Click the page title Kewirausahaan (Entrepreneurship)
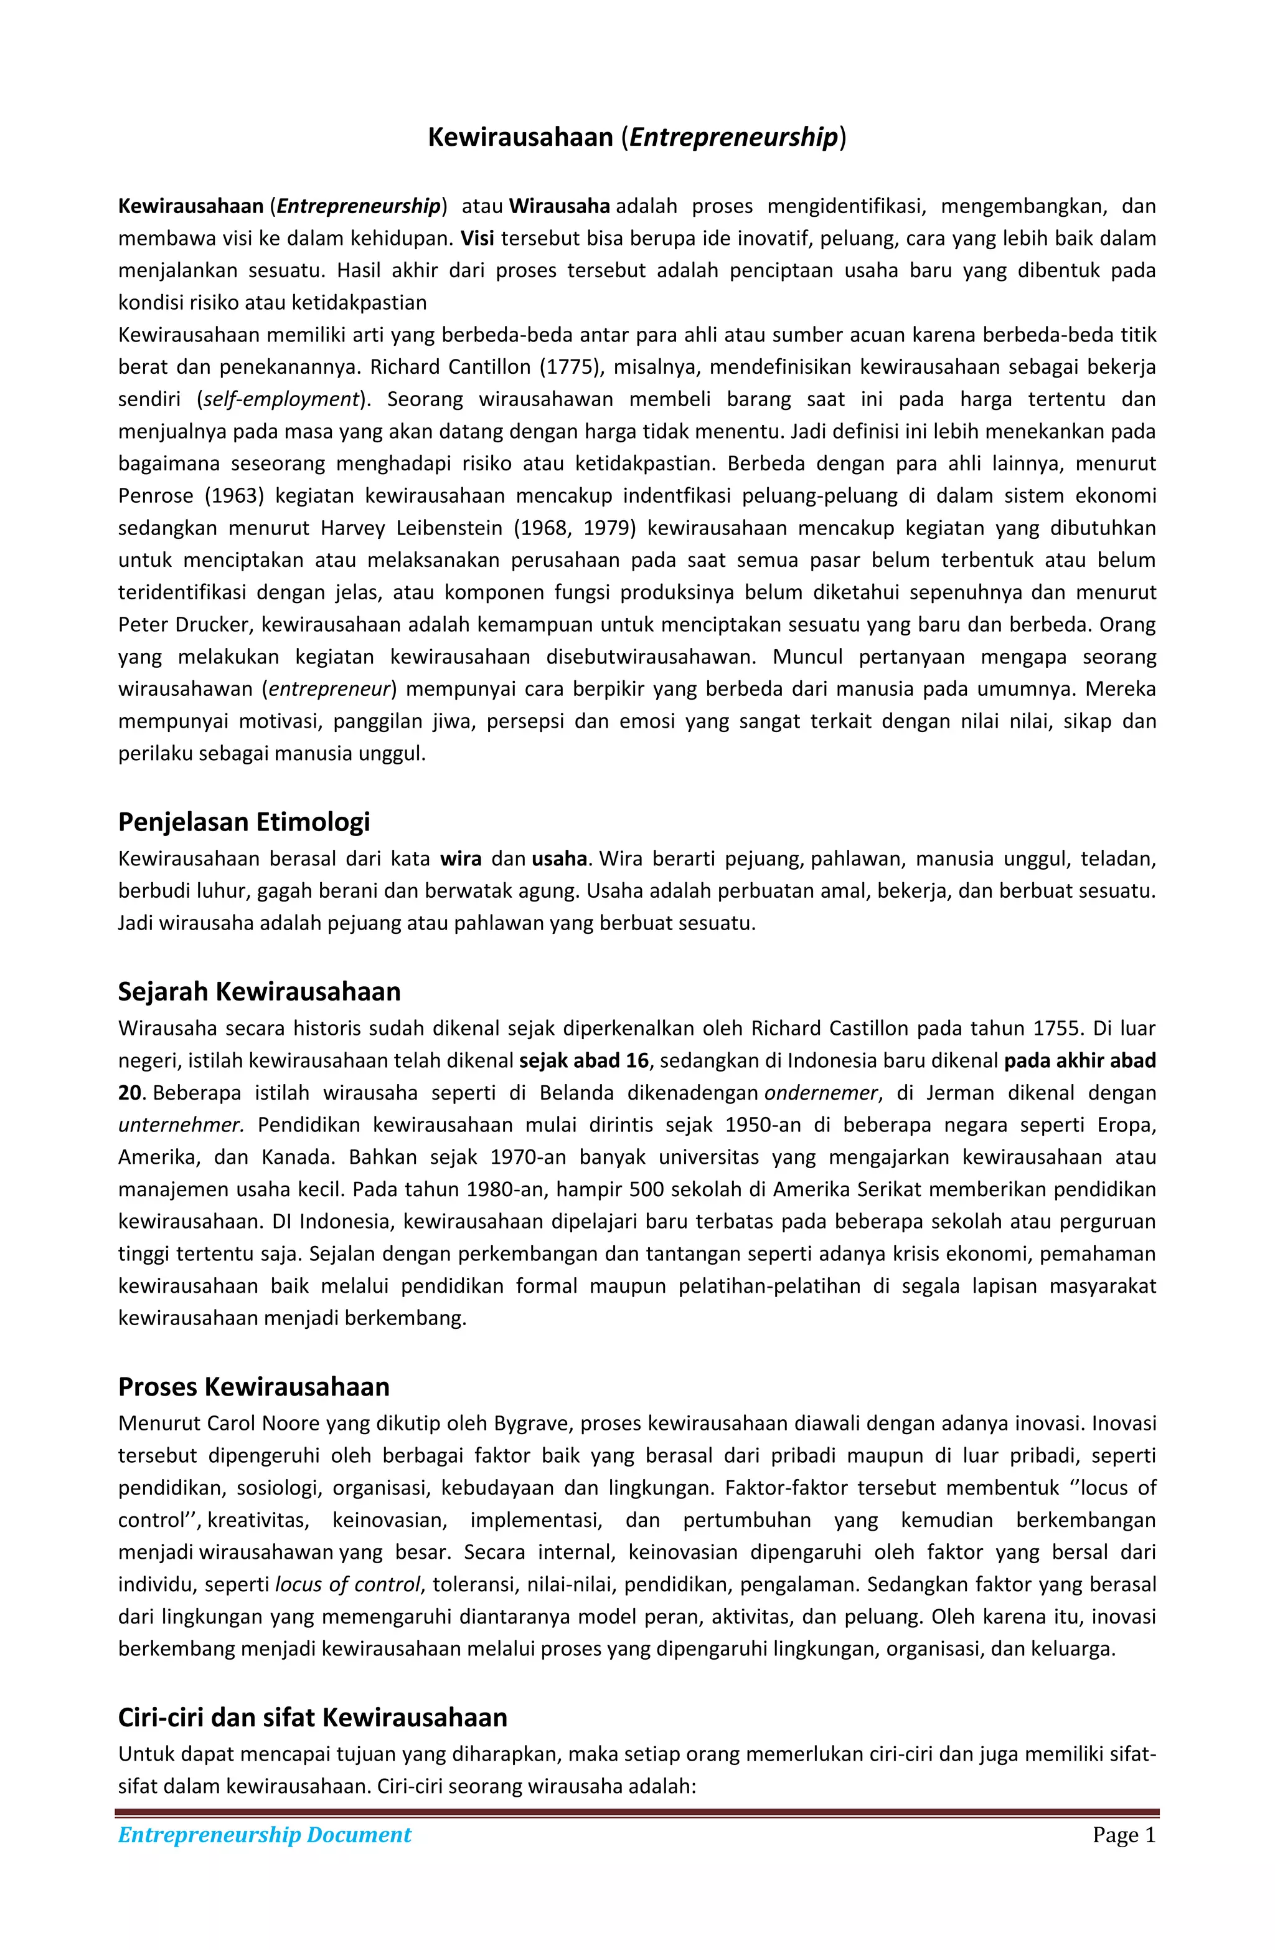(x=636, y=137)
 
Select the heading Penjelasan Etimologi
(x=243, y=821)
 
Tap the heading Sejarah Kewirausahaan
(x=259, y=991)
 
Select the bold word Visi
(x=478, y=239)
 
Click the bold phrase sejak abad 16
(x=583, y=1060)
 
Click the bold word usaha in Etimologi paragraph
(x=558, y=858)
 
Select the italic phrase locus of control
(x=348, y=1584)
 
